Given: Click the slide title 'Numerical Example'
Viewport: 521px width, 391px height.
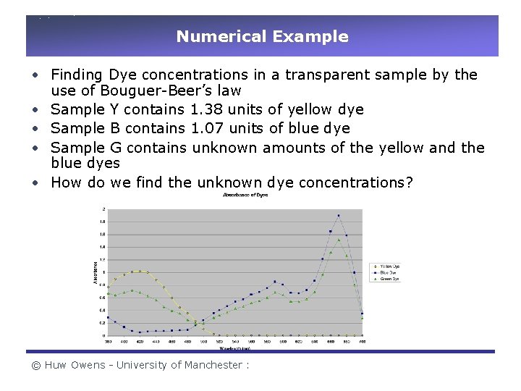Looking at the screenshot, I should click(262, 36).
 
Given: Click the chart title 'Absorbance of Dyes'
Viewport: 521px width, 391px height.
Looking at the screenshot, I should click(246, 195).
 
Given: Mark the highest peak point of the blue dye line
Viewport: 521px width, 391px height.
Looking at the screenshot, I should click(338, 215).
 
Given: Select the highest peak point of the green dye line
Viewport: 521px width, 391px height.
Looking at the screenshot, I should click(338, 240).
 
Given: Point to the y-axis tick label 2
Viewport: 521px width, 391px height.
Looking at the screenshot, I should click(103, 209).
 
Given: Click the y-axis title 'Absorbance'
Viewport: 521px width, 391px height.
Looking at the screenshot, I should click(94, 272).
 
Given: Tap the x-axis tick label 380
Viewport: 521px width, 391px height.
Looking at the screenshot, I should click(108, 342).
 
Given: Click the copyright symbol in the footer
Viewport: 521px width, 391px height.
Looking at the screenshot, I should click(35, 365).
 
